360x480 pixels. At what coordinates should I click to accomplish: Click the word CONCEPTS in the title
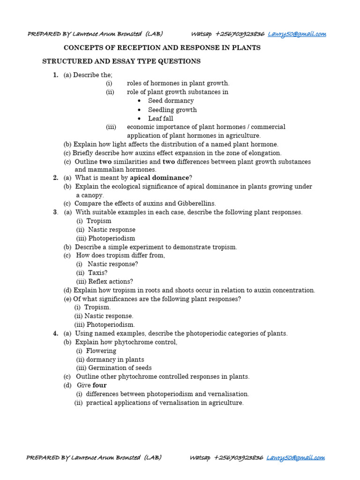(x=82, y=48)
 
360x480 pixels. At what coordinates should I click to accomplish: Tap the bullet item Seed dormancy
(x=171, y=101)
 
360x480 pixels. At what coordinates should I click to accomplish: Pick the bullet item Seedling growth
(x=172, y=110)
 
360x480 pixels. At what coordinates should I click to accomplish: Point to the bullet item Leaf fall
(x=160, y=119)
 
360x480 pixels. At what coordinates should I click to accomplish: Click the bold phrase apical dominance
(x=159, y=178)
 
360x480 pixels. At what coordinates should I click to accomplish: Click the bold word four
(x=100, y=385)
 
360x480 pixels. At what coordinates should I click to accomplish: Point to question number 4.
(x=55, y=333)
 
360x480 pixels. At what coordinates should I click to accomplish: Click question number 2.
(x=55, y=178)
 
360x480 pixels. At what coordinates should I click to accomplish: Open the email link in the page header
(x=297, y=34)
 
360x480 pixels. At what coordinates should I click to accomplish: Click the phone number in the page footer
(x=239, y=458)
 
